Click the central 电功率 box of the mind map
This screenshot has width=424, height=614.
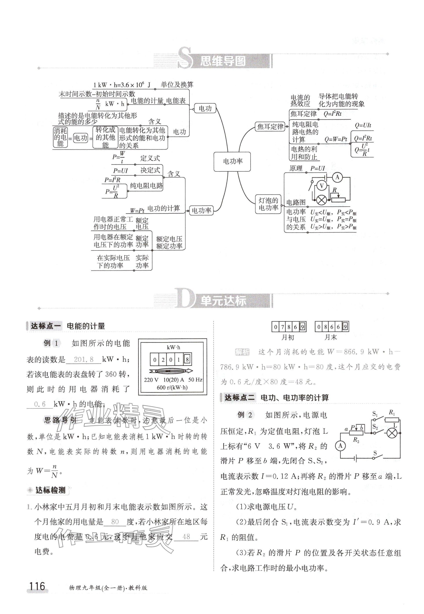[232, 161]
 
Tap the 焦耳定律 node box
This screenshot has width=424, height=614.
[270, 127]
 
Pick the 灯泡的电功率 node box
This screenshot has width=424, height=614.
[268, 204]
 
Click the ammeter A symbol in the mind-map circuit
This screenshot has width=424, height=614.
[337, 177]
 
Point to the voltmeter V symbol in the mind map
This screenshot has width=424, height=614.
[322, 186]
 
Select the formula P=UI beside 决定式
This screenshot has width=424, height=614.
[120, 171]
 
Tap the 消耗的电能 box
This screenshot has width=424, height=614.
[60, 137]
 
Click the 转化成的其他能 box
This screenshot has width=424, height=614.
[105, 137]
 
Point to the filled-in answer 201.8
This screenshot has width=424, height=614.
[84, 360]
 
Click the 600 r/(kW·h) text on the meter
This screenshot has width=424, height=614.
[172, 387]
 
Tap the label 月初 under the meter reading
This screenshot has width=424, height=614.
[287, 337]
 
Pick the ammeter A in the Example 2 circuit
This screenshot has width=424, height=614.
[340, 446]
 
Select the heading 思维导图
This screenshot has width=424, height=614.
[223, 61]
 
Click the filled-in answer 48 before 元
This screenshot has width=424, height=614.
[186, 537]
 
